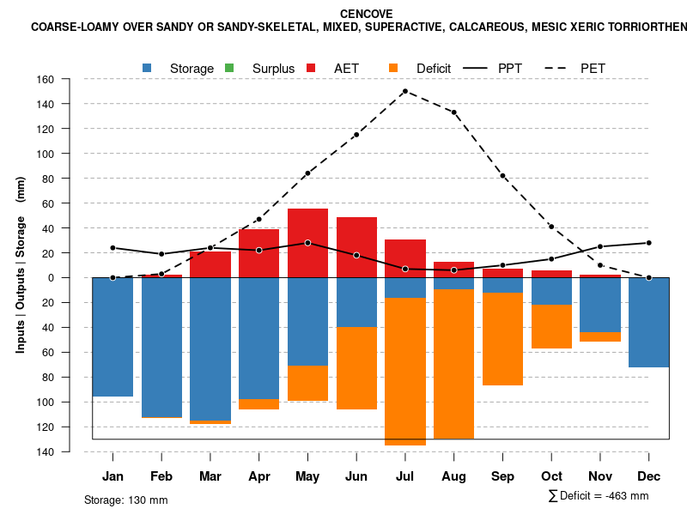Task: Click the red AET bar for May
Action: [307, 243]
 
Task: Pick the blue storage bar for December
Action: [648, 322]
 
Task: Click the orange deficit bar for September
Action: [502, 339]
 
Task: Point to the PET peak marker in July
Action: [404, 91]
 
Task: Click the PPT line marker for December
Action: [648, 243]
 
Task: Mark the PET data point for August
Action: [453, 112]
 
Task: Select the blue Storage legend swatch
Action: [148, 68]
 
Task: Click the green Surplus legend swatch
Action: [229, 68]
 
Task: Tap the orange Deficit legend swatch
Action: [393, 68]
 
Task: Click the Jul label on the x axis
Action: [404, 476]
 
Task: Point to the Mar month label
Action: [210, 476]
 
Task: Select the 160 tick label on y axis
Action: [45, 80]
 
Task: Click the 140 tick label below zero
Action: [45, 451]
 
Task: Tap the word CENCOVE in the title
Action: [367, 14]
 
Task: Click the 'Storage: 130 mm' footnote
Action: [126, 500]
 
